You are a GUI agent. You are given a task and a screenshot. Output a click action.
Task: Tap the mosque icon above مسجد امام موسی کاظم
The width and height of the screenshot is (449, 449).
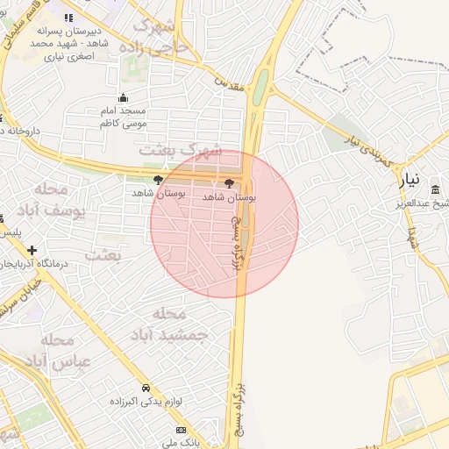124,98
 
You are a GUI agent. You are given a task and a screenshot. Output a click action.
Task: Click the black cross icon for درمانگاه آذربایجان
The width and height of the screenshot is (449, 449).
32,249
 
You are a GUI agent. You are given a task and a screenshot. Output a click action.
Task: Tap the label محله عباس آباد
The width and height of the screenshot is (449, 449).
58,350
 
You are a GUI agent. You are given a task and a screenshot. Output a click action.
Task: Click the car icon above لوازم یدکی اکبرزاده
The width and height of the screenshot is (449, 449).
146,387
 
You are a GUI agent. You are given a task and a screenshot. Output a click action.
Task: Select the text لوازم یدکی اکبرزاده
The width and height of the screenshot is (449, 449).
146,401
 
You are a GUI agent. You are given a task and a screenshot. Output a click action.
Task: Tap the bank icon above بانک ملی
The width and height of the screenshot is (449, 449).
181,430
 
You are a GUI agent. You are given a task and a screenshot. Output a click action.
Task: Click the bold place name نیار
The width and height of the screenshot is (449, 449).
411,182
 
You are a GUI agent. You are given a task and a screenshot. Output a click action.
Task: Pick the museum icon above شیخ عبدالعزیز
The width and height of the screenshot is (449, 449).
436,190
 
